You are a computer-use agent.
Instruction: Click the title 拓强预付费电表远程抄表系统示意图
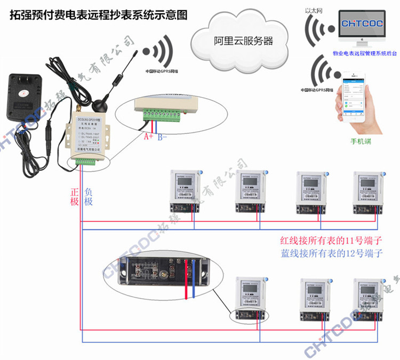[99, 15]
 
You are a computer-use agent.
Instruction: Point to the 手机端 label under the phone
[361, 141]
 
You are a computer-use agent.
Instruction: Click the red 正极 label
[74, 196]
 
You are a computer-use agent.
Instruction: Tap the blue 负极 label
[88, 196]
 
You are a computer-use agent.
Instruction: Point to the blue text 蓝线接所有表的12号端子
[325, 253]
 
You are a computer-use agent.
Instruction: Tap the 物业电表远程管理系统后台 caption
[363, 54]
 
